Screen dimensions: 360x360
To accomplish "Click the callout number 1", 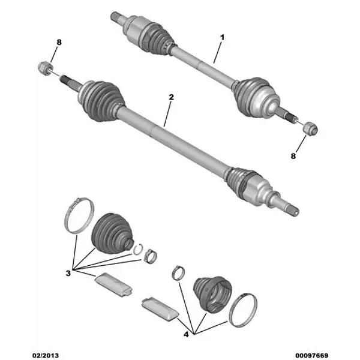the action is (222, 37).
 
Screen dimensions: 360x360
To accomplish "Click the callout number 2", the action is (171, 97).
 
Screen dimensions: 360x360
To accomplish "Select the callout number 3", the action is (68, 274).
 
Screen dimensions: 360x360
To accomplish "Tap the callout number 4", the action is (186, 334).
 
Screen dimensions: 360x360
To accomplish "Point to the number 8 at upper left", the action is (59, 42).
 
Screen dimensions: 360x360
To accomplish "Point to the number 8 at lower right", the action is (293, 156).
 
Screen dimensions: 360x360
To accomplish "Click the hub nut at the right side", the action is (310, 129).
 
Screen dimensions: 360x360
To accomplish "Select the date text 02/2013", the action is (45, 356).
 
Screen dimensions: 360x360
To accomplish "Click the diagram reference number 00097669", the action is (311, 356).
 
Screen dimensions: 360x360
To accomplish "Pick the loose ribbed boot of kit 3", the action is (112, 233).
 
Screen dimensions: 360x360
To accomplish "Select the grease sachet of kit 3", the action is (113, 284).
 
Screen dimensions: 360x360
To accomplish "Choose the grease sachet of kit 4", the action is (160, 309).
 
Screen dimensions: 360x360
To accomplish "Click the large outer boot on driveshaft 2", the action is (101, 100).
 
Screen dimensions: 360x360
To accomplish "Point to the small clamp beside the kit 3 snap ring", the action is (150, 256).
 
